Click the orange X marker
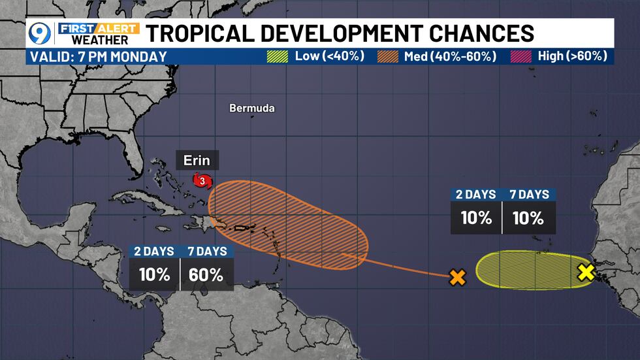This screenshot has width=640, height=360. tap(458, 278)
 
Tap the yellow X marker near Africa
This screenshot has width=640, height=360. tap(586, 272)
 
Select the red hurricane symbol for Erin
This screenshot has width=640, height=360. tap(201, 180)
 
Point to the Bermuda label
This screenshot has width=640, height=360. tap(252, 108)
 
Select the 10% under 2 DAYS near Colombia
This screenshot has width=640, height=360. tap(154, 274)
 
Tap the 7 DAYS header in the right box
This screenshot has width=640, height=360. tap(529, 194)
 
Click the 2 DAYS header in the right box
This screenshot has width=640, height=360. tap(476, 194)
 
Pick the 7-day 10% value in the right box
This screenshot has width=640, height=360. tap(529, 217)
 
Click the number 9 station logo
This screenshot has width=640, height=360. tap(40, 33)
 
